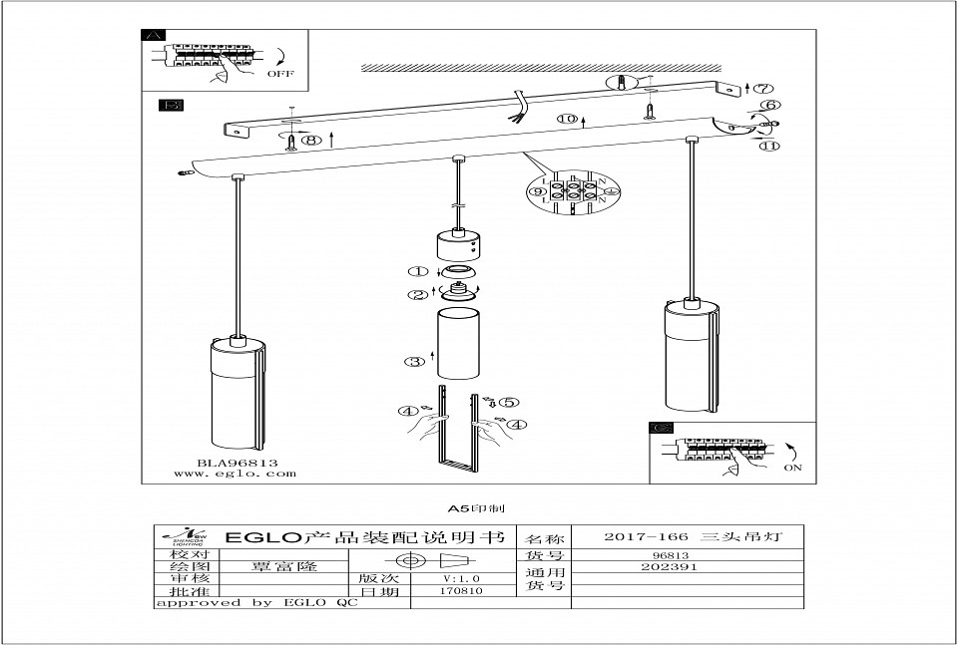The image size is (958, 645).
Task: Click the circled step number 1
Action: (x=416, y=271)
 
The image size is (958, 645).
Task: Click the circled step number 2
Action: (x=416, y=294)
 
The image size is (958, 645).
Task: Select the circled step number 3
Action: (x=414, y=362)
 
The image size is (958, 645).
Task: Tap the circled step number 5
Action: (x=511, y=403)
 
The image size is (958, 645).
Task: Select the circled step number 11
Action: (x=768, y=147)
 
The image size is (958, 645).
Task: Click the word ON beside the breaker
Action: (x=793, y=467)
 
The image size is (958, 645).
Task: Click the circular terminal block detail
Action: (x=574, y=189)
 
